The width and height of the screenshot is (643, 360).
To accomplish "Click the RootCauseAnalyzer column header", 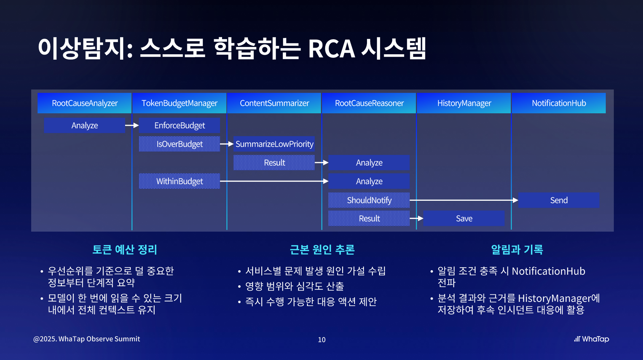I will (85, 103).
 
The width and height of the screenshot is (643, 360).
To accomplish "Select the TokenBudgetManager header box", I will (179, 103).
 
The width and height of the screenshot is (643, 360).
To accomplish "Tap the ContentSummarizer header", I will (274, 103).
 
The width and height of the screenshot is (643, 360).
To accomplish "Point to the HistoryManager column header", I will (464, 103).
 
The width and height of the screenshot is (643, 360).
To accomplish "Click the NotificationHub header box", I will (559, 103).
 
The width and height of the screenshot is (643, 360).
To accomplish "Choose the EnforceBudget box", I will (179, 125).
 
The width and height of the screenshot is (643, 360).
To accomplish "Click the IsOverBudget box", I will (179, 144).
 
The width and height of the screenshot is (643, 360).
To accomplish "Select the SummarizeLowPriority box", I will (274, 144).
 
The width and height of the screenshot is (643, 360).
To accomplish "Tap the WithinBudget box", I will (179, 181).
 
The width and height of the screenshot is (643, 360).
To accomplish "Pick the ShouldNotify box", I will (369, 200).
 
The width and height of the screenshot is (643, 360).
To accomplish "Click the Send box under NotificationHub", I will (559, 200).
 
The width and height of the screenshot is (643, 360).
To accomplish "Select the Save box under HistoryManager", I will (464, 219).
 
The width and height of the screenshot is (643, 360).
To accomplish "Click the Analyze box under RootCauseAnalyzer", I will (85, 125).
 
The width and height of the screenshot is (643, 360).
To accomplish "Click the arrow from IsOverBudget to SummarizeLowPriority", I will (227, 144).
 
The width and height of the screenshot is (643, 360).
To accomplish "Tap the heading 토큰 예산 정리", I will (125, 249).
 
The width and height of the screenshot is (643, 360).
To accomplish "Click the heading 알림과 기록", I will (517, 249).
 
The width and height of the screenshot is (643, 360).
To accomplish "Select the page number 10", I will (322, 340).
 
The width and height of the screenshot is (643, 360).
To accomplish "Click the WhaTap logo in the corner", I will (591, 339).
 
